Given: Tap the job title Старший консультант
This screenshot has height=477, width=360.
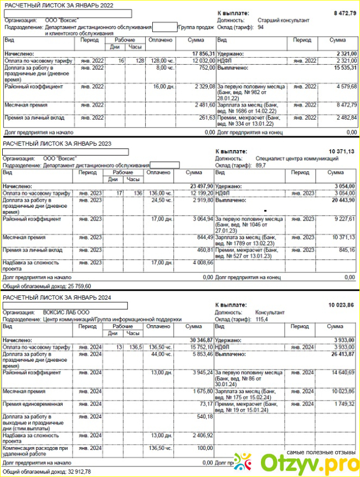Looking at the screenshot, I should coord(284,20).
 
